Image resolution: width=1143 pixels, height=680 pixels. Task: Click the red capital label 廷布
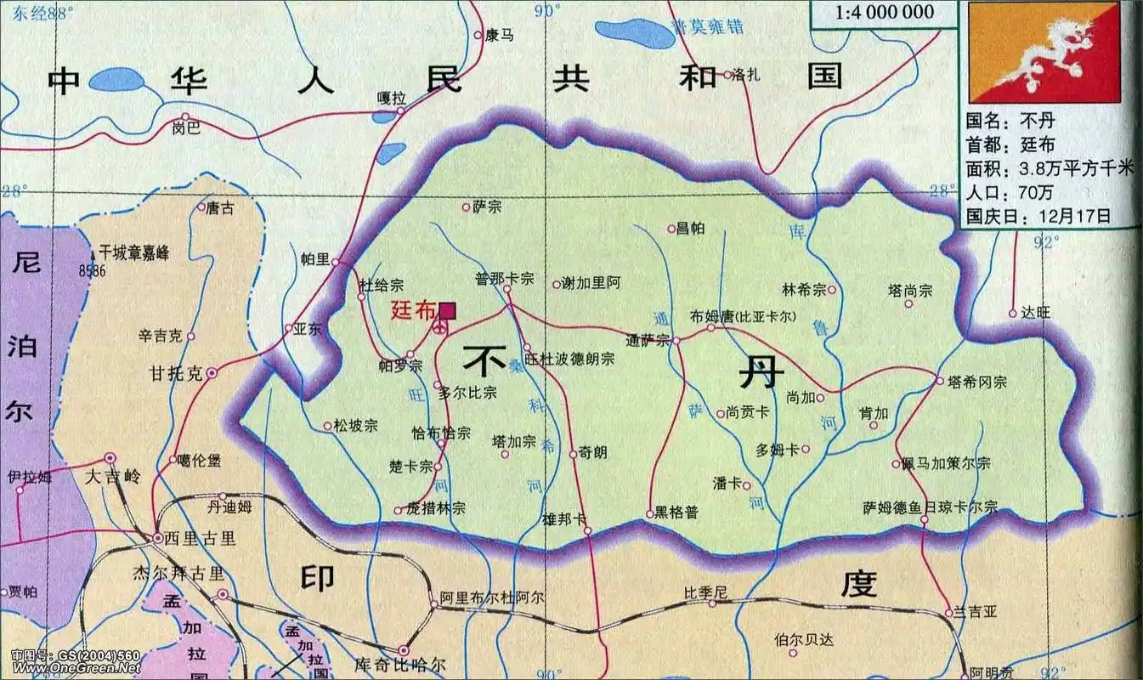point(413,310)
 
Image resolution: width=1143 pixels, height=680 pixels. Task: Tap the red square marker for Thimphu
point(447,311)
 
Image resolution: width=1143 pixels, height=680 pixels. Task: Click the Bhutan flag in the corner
point(1044,51)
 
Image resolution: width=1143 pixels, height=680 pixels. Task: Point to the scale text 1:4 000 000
point(884,12)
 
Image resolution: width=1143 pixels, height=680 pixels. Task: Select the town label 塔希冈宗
point(976,382)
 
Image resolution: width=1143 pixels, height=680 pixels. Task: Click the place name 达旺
point(1037,313)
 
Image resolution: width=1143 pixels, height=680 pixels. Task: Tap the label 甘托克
point(176,373)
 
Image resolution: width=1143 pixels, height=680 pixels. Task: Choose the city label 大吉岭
point(112,476)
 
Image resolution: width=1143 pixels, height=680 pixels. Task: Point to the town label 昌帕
point(691,228)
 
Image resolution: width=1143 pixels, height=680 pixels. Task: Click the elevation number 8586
point(99,270)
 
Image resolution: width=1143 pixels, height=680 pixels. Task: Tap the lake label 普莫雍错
point(707,26)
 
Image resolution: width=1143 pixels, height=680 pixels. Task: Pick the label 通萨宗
point(648,341)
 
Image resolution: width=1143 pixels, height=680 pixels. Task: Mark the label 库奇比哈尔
point(399,664)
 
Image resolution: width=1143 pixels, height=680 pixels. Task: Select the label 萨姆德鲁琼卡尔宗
point(930,507)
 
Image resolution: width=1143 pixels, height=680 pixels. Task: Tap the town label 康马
point(500,35)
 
